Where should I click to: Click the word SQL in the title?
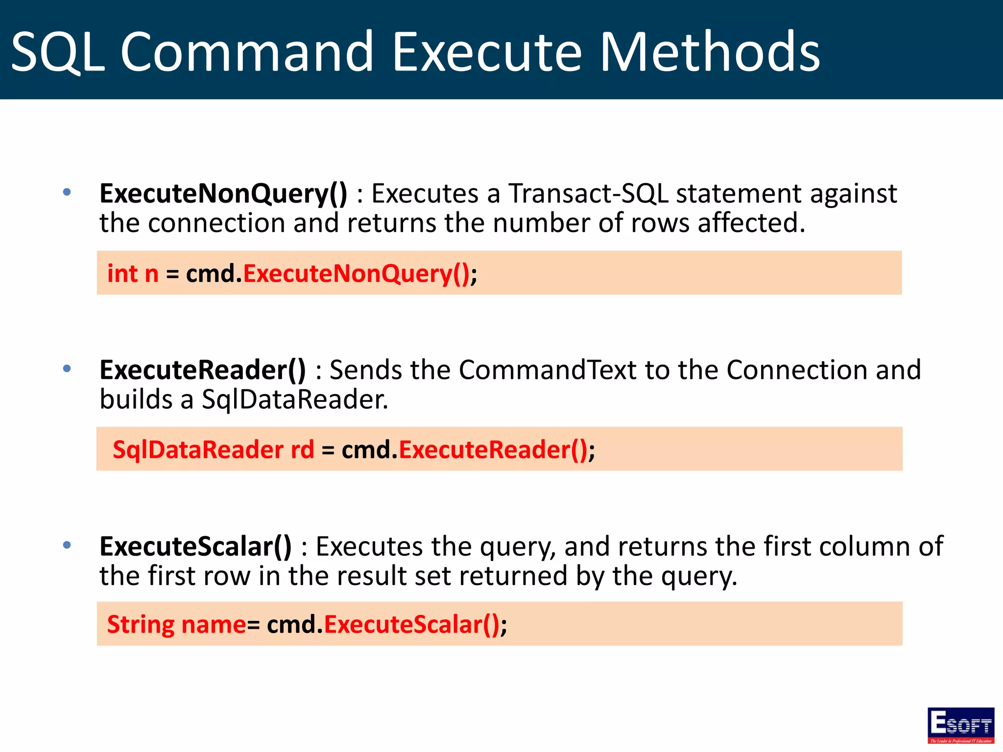point(58,52)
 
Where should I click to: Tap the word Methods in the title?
point(710,52)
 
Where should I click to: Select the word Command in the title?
point(247,52)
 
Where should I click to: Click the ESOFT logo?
point(960,725)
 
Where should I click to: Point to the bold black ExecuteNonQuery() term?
point(223,194)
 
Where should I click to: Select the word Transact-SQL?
point(588,193)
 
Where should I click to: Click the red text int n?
point(133,273)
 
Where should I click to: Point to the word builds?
point(136,399)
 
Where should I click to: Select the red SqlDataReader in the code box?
point(198,449)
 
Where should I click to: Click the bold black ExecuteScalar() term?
point(195,546)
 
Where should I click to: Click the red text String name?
point(176,625)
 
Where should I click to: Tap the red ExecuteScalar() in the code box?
point(412,625)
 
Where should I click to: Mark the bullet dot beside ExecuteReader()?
point(67,368)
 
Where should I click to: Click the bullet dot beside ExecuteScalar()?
point(67,544)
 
